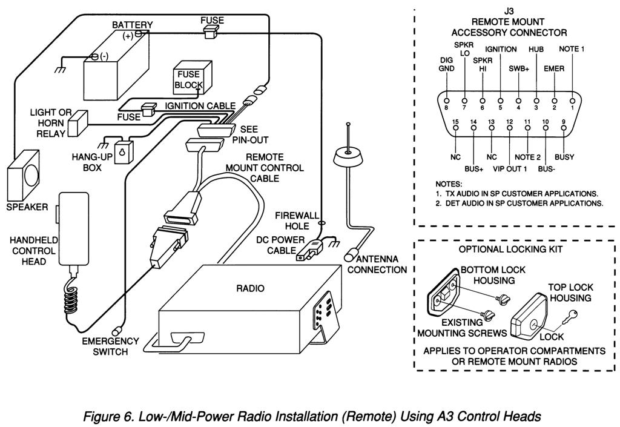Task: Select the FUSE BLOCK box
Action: tap(188, 79)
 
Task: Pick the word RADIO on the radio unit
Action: tap(250, 288)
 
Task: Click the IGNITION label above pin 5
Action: tap(501, 49)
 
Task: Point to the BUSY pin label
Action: tap(564, 157)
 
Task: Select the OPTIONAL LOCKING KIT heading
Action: tap(510, 249)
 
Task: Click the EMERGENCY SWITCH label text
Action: tap(111, 346)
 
